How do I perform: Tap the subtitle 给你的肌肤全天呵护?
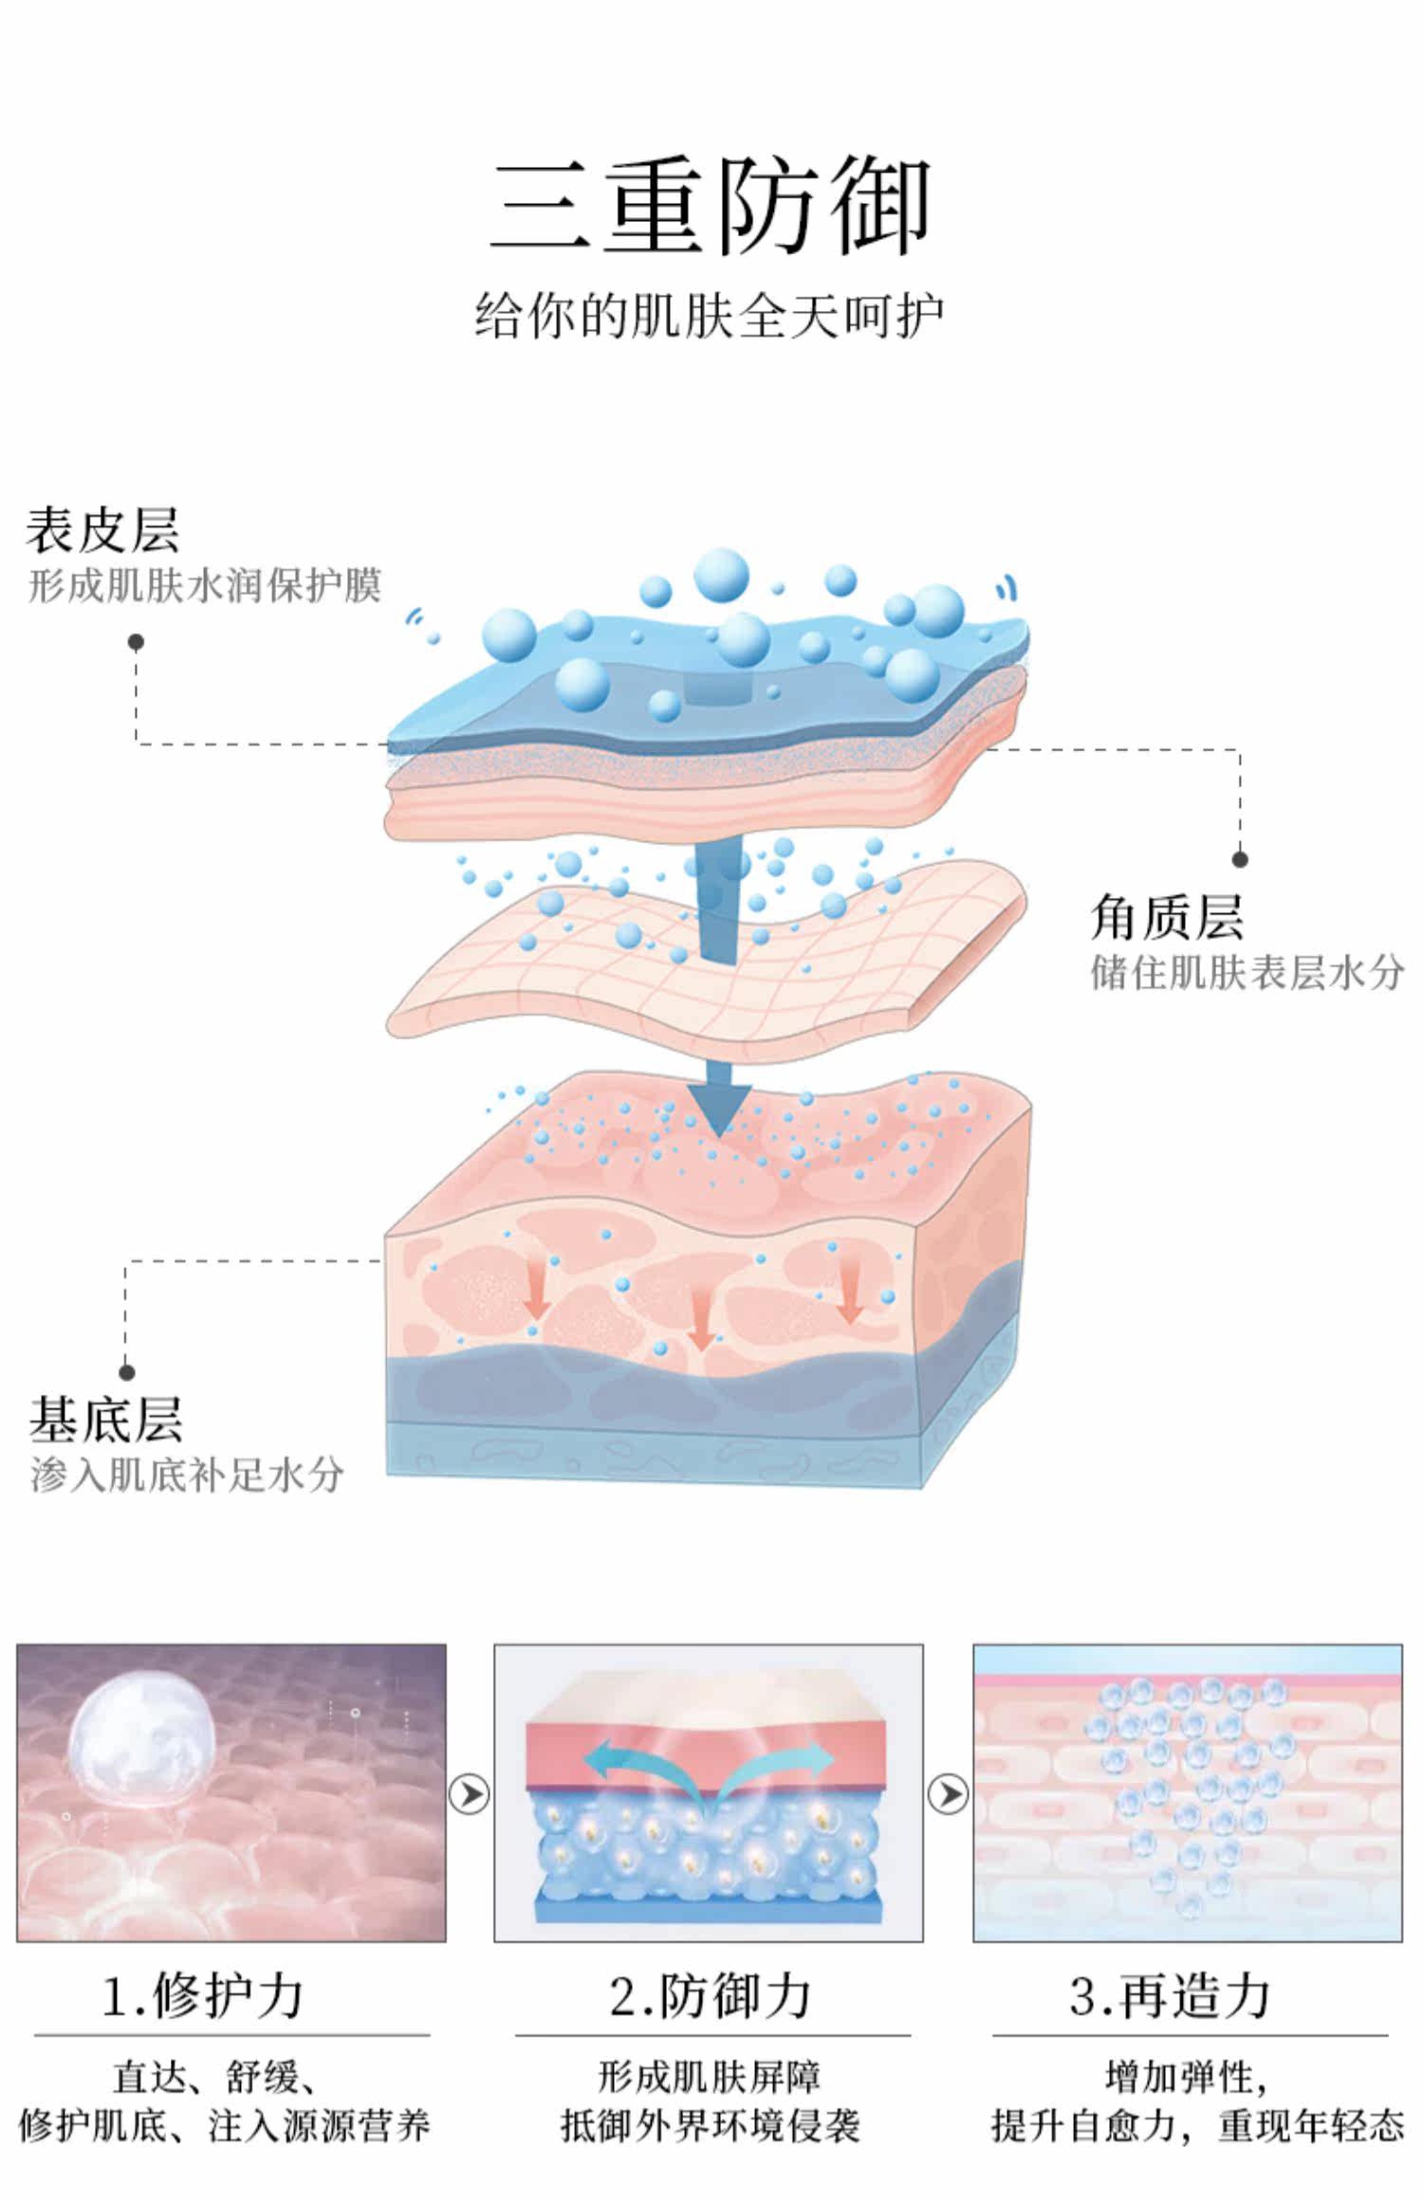click(x=709, y=316)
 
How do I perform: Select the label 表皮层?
click(x=102, y=529)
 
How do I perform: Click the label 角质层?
click(x=1166, y=917)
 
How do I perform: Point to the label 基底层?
click(x=105, y=1420)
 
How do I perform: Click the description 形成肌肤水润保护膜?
click(x=205, y=586)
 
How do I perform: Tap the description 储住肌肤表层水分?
click(x=1247, y=973)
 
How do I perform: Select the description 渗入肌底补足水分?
click(x=187, y=1476)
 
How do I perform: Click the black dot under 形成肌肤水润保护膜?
click(x=136, y=642)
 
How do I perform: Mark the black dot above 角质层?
click(x=1240, y=859)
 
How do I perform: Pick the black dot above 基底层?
click(x=126, y=1372)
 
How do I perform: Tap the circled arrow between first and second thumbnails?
click(x=469, y=1794)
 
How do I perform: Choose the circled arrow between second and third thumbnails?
click(x=948, y=1794)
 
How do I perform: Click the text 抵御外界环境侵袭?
click(x=710, y=2125)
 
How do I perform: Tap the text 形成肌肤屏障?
click(x=710, y=2077)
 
